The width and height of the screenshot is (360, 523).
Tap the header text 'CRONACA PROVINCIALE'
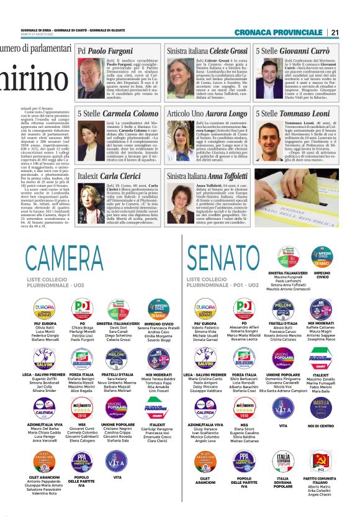click(x=287, y=32)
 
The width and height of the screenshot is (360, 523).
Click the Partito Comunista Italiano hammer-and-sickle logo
click(x=321, y=460)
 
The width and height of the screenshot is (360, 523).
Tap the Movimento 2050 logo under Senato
click(x=244, y=408)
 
